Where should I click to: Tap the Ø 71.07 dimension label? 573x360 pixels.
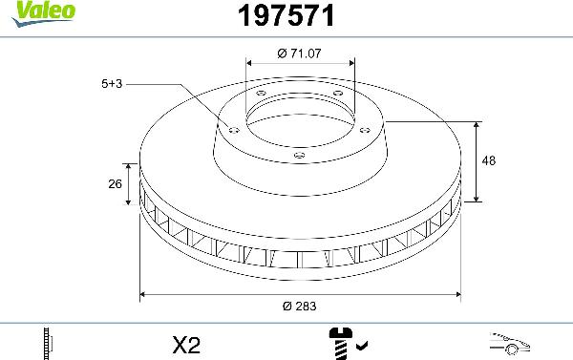[299, 53]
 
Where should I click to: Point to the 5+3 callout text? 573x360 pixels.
[112, 84]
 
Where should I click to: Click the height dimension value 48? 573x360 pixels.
[489, 161]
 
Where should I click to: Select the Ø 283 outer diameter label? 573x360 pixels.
[299, 306]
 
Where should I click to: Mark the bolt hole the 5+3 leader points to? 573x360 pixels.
[232, 129]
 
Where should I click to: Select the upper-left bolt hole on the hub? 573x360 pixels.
[261, 93]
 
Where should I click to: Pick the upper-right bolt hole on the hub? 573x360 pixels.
[337, 92]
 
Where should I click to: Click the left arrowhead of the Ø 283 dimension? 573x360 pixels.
[144, 293]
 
